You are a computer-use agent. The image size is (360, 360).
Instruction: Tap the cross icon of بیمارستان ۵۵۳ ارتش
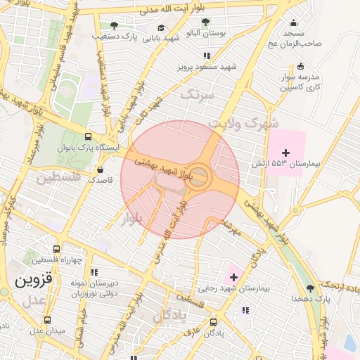tap(285, 153)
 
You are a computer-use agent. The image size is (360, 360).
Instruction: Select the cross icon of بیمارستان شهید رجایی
tap(233, 278)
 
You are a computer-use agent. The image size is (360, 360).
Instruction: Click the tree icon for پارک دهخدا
tap(310, 288)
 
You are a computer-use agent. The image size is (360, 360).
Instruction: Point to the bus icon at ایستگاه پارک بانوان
tap(88, 137)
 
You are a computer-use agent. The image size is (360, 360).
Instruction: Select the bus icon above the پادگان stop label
tap(214, 322)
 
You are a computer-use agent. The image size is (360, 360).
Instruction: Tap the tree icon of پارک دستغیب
tap(114, 25)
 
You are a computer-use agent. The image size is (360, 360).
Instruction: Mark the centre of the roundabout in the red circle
tap(200, 176)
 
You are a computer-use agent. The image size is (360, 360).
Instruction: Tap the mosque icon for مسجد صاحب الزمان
tap(293, 23)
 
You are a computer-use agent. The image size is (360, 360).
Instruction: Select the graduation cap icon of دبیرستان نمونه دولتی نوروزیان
tap(96, 272)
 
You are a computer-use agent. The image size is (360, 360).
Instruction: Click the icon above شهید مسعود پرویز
tap(207, 56)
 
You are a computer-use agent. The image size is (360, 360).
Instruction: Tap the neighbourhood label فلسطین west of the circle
tap(58, 177)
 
